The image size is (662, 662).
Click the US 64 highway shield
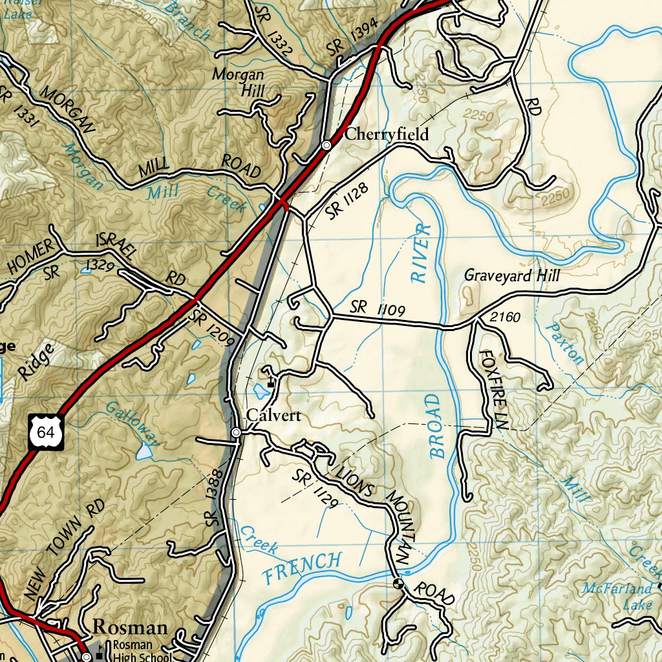(x=46, y=432)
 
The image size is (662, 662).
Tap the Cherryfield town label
(x=387, y=134)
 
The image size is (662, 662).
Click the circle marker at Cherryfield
(x=327, y=145)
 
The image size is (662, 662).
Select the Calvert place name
(x=274, y=416)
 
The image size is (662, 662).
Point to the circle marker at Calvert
(x=237, y=432)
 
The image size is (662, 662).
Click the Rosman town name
(x=130, y=626)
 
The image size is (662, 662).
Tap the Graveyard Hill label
(x=512, y=276)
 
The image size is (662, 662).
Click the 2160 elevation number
(x=506, y=317)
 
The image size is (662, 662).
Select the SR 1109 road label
(x=378, y=309)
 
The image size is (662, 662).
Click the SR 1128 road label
(x=347, y=200)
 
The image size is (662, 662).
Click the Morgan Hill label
(x=239, y=83)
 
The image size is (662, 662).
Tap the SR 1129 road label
(x=314, y=489)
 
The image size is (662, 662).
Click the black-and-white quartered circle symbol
(x=398, y=584)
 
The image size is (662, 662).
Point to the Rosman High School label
(x=142, y=650)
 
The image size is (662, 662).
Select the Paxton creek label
(x=564, y=343)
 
